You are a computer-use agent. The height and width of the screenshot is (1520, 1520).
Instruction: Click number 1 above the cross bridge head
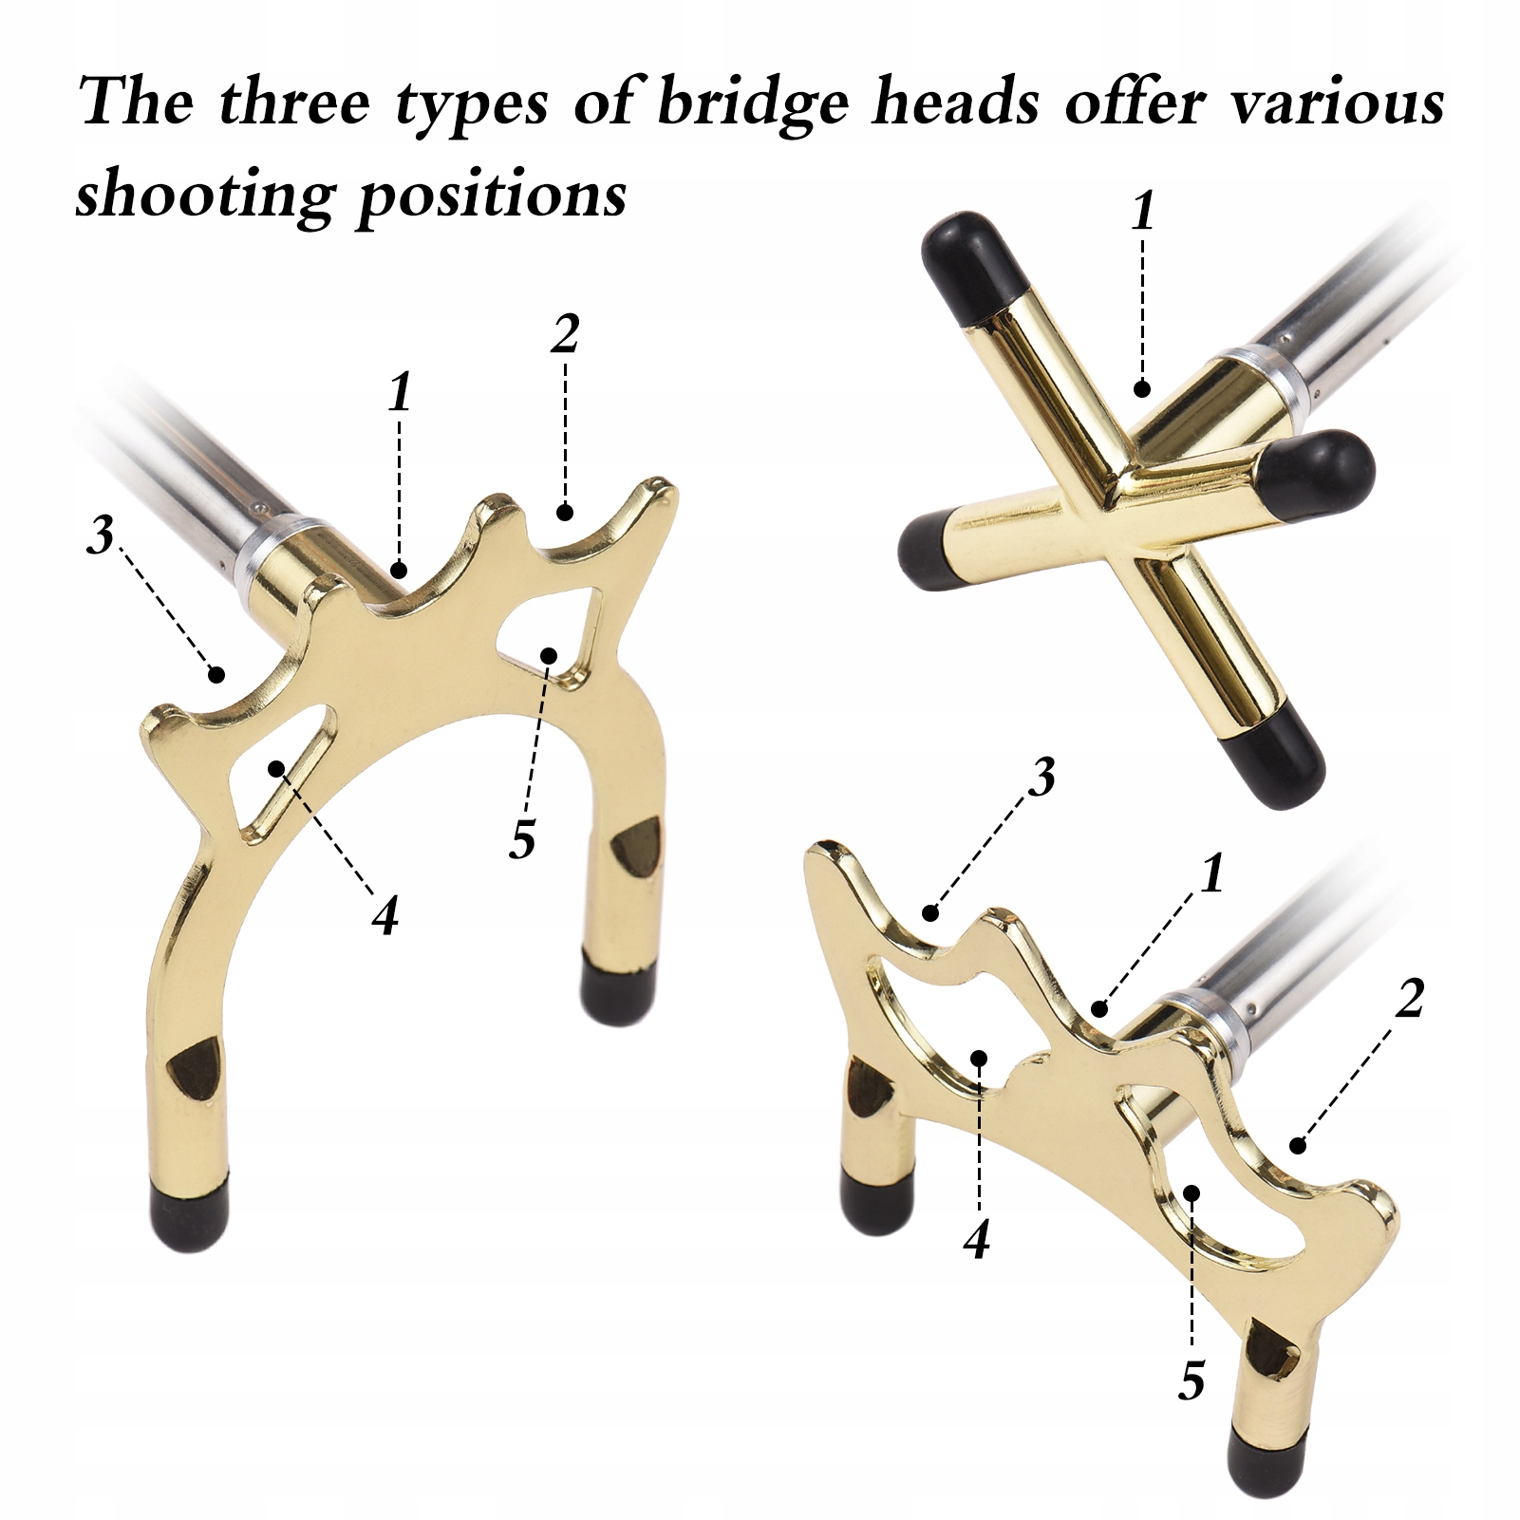(x=1143, y=211)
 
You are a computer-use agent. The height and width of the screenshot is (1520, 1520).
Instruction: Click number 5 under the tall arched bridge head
(x=522, y=837)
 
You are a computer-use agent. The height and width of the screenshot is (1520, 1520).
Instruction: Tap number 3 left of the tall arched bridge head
(x=100, y=536)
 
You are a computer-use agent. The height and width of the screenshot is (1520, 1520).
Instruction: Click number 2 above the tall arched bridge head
(x=564, y=334)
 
